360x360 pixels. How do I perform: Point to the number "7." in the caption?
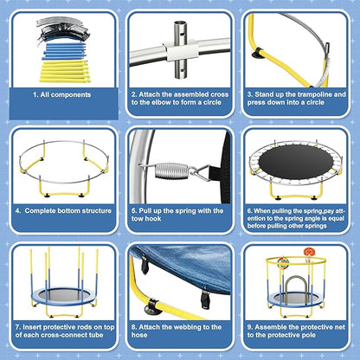(18, 325)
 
